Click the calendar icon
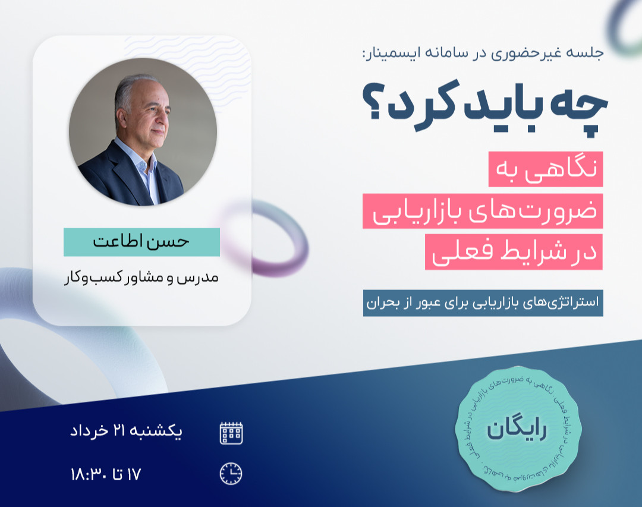click(x=231, y=433)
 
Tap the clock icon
click(x=231, y=474)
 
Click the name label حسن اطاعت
click(x=141, y=243)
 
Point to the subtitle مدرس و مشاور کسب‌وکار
click(x=141, y=278)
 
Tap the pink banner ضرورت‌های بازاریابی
click(x=483, y=211)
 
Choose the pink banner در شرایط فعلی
click(x=514, y=252)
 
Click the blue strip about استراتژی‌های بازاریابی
click(x=483, y=303)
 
